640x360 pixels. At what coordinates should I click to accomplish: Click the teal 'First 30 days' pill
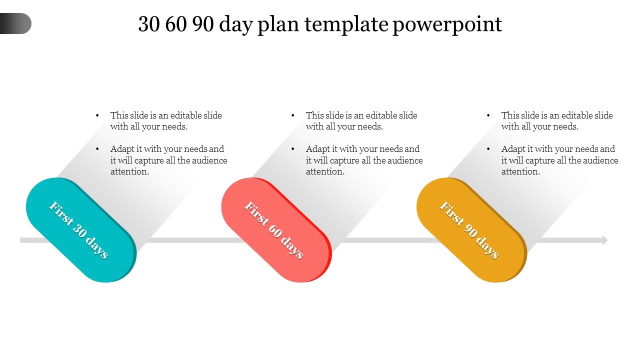[80, 230]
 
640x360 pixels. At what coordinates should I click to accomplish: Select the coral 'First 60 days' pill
[275, 230]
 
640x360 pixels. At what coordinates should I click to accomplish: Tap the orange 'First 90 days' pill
[471, 230]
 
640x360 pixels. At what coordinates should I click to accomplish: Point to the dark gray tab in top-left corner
[15, 23]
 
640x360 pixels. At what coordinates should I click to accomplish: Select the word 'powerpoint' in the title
[447, 24]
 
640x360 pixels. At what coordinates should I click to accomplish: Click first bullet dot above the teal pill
[97, 115]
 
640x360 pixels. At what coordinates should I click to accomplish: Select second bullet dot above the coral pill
[293, 149]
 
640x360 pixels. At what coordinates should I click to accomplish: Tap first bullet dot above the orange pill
[488, 115]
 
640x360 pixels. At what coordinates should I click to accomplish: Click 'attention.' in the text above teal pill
[130, 171]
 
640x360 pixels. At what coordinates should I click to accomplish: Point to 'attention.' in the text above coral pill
[325, 171]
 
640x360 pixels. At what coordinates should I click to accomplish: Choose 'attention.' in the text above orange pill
[521, 171]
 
